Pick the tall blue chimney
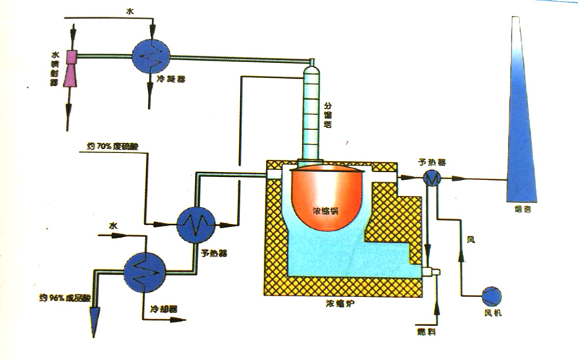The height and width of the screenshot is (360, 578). pyautogui.click(x=522, y=116)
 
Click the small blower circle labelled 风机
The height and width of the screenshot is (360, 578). pyautogui.click(x=492, y=296)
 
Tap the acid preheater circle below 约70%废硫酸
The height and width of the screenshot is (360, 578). pyautogui.click(x=195, y=223)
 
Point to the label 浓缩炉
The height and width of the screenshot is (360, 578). pyautogui.click(x=339, y=307)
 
